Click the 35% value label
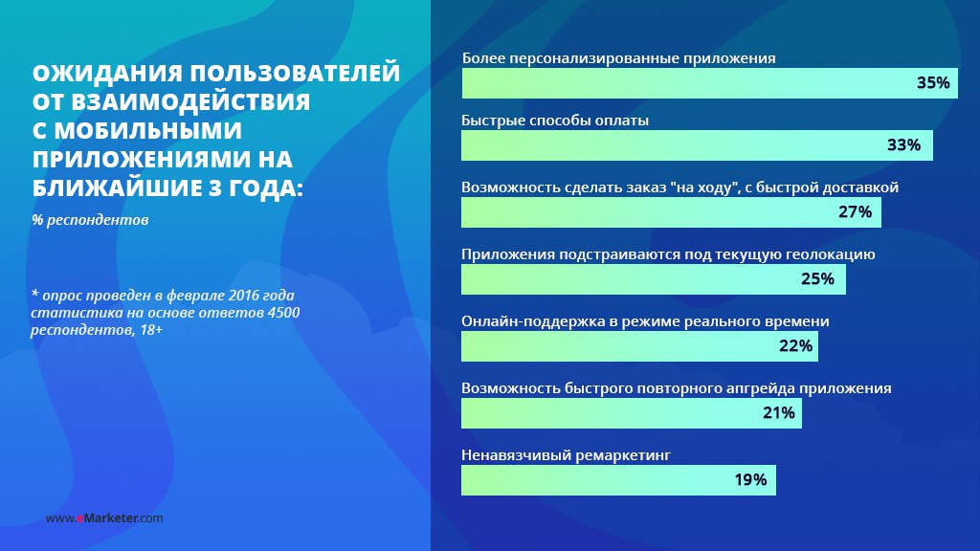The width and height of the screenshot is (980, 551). (933, 83)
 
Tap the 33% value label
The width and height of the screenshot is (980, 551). (903, 145)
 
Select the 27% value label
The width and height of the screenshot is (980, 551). (855, 212)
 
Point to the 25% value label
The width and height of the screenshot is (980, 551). (817, 279)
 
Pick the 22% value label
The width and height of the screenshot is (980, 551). (795, 346)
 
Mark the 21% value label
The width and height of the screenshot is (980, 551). (779, 413)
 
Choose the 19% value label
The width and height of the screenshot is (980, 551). (750, 480)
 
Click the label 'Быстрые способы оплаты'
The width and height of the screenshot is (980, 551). (555, 121)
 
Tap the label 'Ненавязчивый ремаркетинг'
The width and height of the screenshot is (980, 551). (566, 455)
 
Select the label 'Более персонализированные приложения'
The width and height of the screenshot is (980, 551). (619, 58)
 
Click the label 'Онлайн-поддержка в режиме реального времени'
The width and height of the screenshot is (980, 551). (645, 321)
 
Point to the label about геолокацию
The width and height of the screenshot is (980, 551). (668, 254)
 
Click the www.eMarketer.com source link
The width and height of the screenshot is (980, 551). (104, 518)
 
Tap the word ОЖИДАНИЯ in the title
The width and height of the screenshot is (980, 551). (107, 74)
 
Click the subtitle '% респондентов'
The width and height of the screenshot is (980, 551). (90, 220)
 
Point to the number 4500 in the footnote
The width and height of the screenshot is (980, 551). (283, 313)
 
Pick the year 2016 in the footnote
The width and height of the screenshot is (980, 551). (244, 296)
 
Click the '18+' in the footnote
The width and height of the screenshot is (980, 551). (151, 330)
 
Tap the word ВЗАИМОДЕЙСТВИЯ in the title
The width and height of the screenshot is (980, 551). (190, 102)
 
